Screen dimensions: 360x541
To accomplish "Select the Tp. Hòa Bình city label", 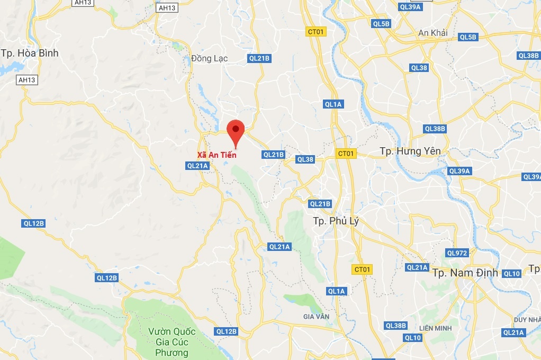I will coord(30,53).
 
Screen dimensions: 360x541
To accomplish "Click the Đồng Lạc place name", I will coord(210,58).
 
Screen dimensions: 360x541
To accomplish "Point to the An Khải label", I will coord(432,33).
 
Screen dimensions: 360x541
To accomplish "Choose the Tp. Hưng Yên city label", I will coord(410,151).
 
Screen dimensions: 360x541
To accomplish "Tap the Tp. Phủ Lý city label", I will coord(336,221).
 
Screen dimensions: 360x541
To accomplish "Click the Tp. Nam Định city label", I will coord(465,273).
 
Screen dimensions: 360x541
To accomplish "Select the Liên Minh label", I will coord(435,328).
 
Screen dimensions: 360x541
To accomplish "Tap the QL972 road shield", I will coord(457,253).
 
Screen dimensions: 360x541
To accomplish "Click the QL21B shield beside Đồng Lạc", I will coord(259,59).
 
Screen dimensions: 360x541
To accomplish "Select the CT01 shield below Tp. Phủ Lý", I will coord(363,269).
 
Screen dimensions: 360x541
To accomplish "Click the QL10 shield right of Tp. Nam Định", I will coord(511,274).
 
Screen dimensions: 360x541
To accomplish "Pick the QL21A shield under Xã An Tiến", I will coord(198,166).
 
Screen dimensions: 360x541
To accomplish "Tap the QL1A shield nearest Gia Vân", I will coord(336,291).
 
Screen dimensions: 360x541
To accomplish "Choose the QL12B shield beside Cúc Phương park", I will coord(227,331).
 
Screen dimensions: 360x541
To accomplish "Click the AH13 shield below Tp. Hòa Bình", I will coord(26,80).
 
